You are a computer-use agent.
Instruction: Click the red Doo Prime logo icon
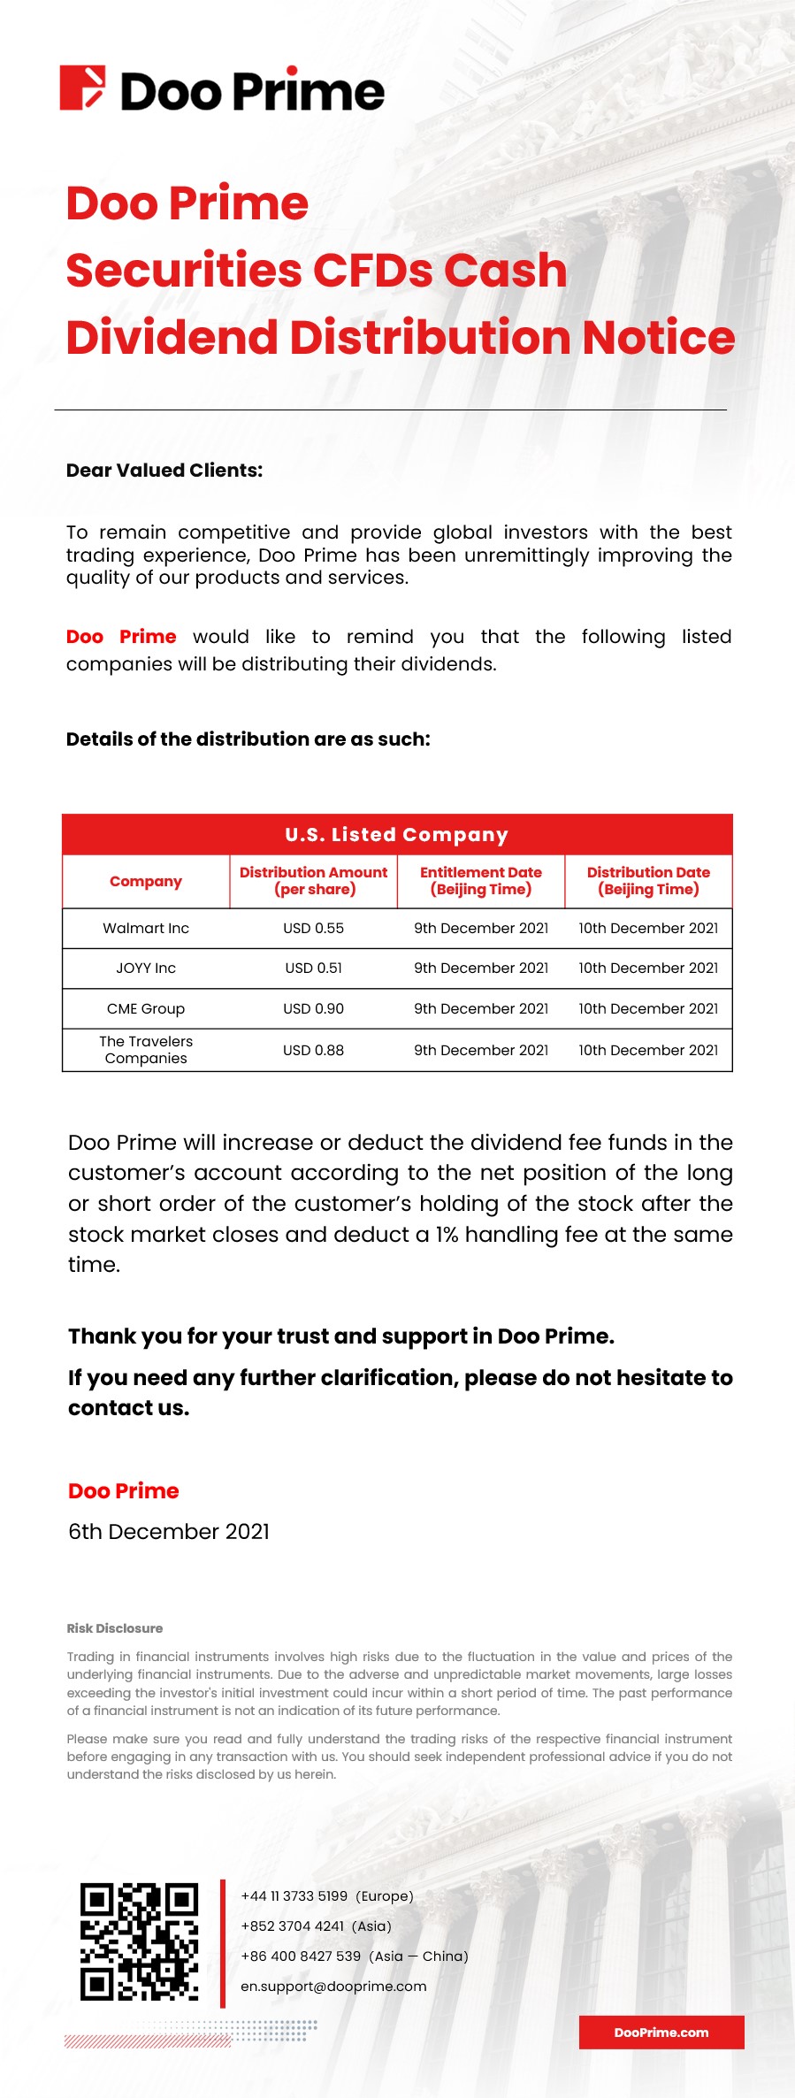(x=82, y=88)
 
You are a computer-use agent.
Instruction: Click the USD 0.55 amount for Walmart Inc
(x=313, y=928)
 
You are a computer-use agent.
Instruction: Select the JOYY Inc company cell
(x=146, y=968)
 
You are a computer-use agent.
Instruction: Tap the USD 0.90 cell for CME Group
(x=313, y=1008)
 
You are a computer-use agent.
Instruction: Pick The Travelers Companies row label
(x=146, y=1050)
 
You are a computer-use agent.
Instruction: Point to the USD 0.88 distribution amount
(x=313, y=1050)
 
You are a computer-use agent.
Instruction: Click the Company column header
(x=146, y=881)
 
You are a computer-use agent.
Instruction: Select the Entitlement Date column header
(x=481, y=881)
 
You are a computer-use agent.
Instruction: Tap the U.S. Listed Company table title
(x=397, y=834)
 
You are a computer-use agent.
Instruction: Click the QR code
(x=139, y=1941)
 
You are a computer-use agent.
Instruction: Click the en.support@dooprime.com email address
(x=333, y=1986)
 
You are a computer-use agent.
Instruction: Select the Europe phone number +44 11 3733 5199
(x=327, y=1895)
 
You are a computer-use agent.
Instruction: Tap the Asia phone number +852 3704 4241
(x=316, y=1926)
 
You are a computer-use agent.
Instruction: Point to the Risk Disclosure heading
(x=115, y=1628)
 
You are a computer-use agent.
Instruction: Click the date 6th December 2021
(x=169, y=1531)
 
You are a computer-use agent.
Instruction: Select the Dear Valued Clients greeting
(x=164, y=471)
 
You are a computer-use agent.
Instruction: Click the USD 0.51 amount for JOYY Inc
(x=313, y=968)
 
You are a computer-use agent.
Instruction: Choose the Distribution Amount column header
(x=313, y=881)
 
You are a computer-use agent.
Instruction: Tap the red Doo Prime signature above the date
(x=124, y=1490)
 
